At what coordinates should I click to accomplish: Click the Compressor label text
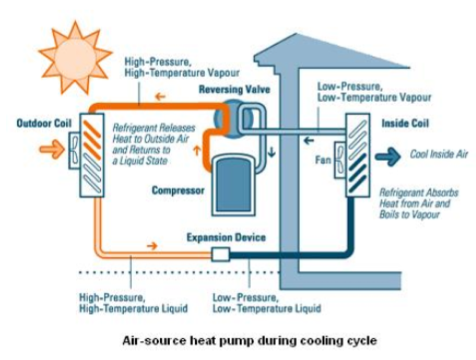coord(178,191)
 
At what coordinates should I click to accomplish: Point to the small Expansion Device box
coord(220,254)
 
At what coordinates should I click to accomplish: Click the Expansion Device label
coord(226,237)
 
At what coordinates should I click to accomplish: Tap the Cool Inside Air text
coord(439,155)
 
